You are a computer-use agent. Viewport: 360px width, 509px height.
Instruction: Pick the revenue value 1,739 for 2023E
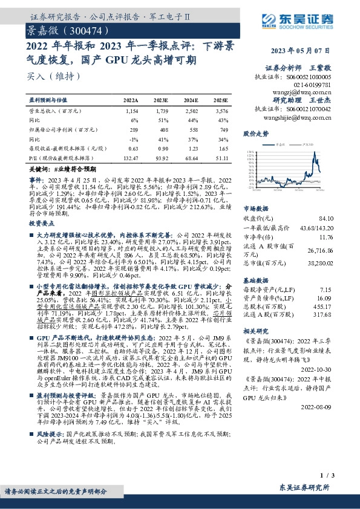[161, 111]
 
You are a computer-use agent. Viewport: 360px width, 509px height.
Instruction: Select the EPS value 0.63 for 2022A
[132, 148]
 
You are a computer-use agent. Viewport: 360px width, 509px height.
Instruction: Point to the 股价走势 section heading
[255, 132]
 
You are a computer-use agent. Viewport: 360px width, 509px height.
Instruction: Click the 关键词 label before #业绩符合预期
[41, 172]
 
